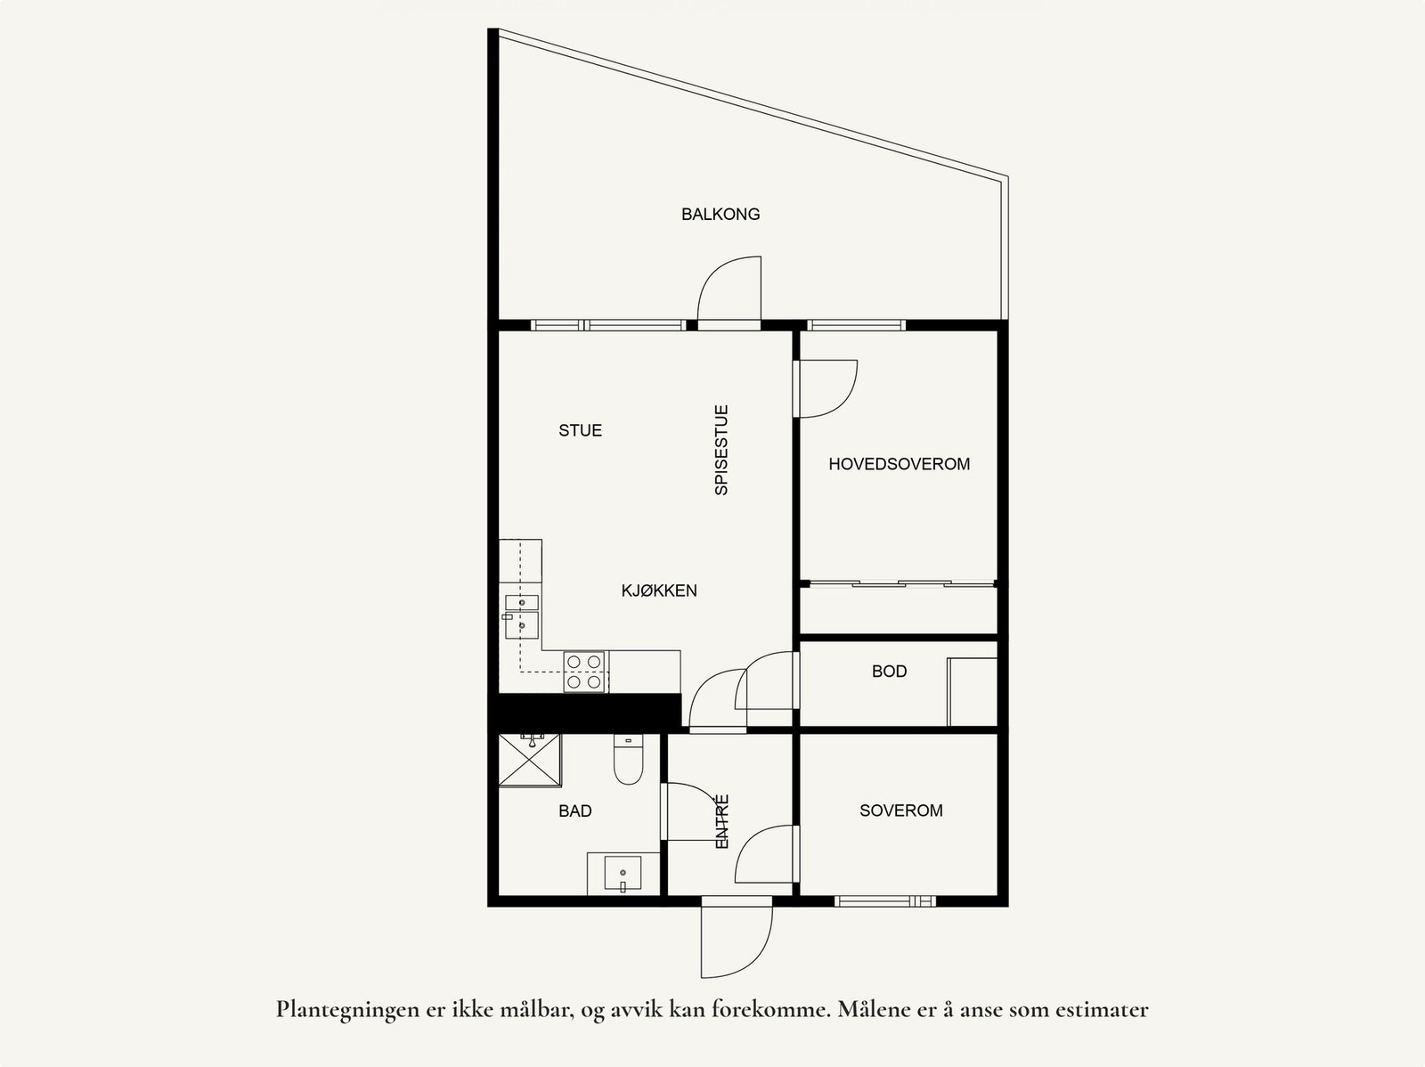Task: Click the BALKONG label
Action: [x=721, y=214]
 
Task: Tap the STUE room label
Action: [x=580, y=430]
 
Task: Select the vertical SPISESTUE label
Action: [x=721, y=450]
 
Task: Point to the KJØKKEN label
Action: [x=659, y=591]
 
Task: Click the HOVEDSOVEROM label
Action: [x=899, y=464]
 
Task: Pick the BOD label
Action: [x=889, y=672]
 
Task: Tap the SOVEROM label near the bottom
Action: [x=900, y=810]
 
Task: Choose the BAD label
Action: [x=574, y=811]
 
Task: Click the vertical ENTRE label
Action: [x=722, y=820]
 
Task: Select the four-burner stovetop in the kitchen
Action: [x=584, y=672]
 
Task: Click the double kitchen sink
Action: [x=522, y=615]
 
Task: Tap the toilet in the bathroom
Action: [x=628, y=761]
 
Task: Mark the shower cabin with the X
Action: [x=530, y=760]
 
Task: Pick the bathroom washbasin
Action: [x=622, y=873]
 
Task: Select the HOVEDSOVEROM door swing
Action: [x=826, y=387]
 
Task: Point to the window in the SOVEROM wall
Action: [x=885, y=900]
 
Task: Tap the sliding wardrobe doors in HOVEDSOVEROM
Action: [x=899, y=584]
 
